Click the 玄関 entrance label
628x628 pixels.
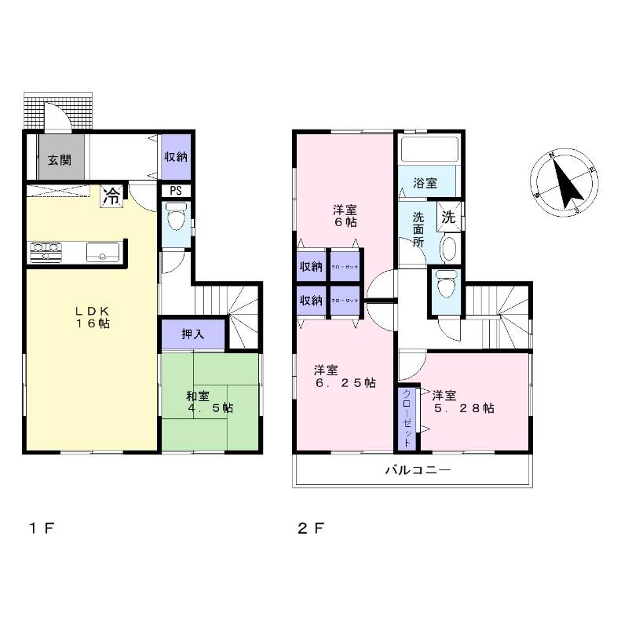(59, 160)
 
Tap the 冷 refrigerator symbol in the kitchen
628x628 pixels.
(111, 195)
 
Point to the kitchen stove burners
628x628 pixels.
(46, 252)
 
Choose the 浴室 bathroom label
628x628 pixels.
(425, 184)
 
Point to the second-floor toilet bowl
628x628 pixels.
(445, 283)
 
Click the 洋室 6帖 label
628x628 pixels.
(344, 216)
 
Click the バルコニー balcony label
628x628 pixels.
(416, 471)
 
